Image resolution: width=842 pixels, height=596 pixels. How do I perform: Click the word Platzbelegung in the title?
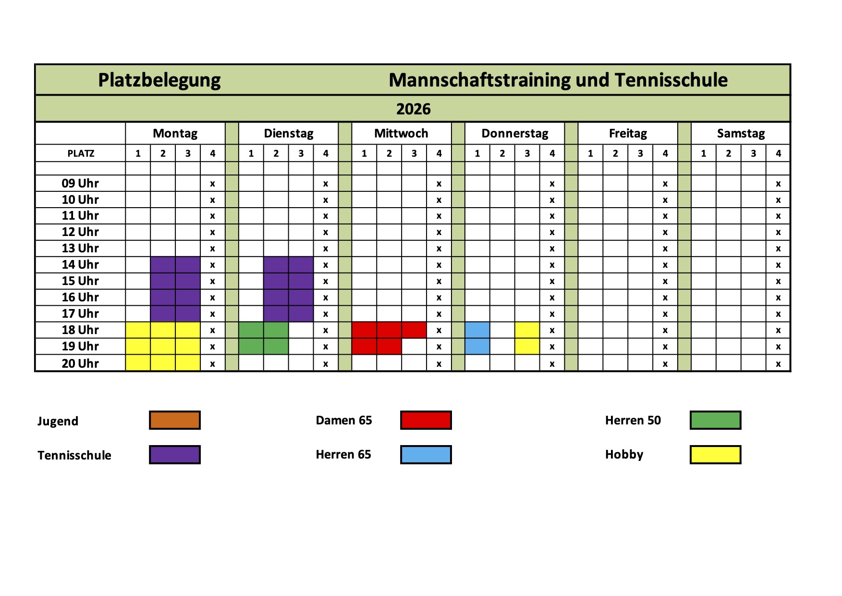159,80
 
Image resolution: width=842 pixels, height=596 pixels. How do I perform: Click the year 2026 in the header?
413,109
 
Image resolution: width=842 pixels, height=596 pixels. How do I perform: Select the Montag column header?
175,133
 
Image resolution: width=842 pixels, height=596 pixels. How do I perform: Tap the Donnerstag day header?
514,133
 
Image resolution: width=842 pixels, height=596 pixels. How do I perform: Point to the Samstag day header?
741,133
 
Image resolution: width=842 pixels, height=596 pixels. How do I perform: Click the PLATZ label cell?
81,153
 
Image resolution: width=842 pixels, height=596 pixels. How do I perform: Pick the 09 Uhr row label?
80,183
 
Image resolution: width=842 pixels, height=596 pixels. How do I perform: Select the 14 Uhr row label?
80,264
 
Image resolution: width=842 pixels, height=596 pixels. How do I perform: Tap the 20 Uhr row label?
80,363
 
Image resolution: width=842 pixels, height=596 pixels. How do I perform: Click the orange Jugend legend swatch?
175,420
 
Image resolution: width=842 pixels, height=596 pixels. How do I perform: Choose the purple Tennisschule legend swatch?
175,455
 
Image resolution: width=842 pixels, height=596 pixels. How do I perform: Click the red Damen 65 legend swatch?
426,420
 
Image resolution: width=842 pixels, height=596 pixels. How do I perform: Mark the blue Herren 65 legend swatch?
426,455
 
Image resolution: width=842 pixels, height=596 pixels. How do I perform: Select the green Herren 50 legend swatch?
715,420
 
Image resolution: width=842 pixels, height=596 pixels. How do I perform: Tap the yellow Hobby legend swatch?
715,455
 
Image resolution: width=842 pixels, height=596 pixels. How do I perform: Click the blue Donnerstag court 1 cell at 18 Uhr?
477,330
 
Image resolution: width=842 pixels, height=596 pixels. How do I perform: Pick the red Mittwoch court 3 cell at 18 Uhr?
414,330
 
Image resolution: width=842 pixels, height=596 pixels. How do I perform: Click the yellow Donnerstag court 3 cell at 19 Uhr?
527,347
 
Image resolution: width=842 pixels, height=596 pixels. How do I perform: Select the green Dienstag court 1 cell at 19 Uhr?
251,347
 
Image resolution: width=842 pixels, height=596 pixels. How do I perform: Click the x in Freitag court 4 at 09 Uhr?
665,184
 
